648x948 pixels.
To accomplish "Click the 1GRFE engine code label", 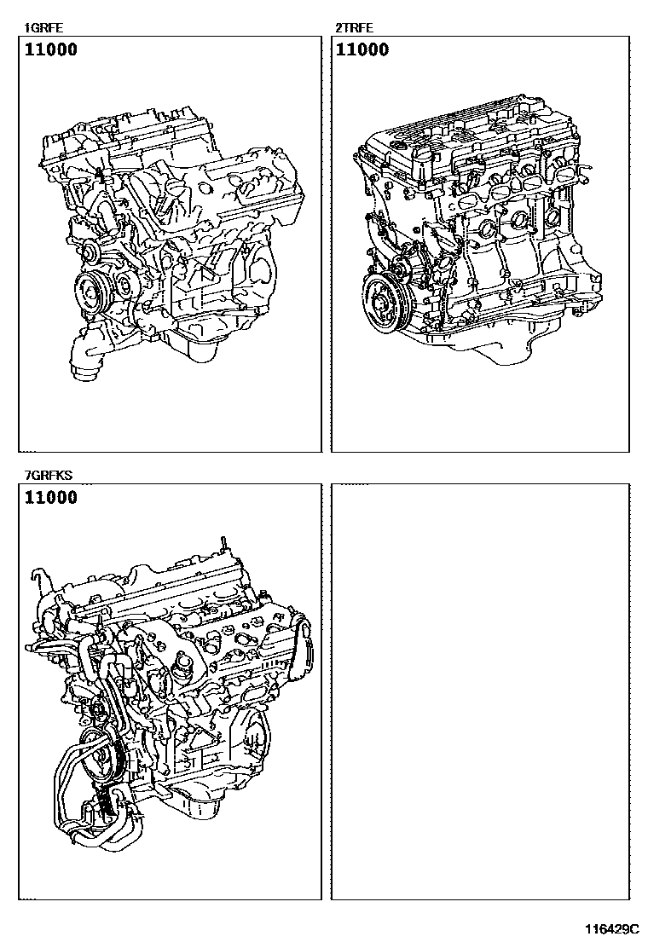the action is pyautogui.click(x=43, y=27).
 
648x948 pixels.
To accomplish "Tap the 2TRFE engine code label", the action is pyautogui.click(x=354, y=27).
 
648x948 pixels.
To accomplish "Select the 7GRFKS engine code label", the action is pyautogui.click(x=48, y=475).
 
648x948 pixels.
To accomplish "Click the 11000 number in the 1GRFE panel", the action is pyautogui.click(x=51, y=49).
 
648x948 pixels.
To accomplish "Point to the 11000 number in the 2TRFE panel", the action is pyautogui.click(x=362, y=49).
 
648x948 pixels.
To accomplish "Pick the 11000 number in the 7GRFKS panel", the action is pyautogui.click(x=51, y=498).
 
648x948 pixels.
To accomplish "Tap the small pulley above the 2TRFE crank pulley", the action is pyautogui.click(x=400, y=267).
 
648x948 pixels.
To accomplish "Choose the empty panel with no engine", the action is pyautogui.click(x=481, y=691).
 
